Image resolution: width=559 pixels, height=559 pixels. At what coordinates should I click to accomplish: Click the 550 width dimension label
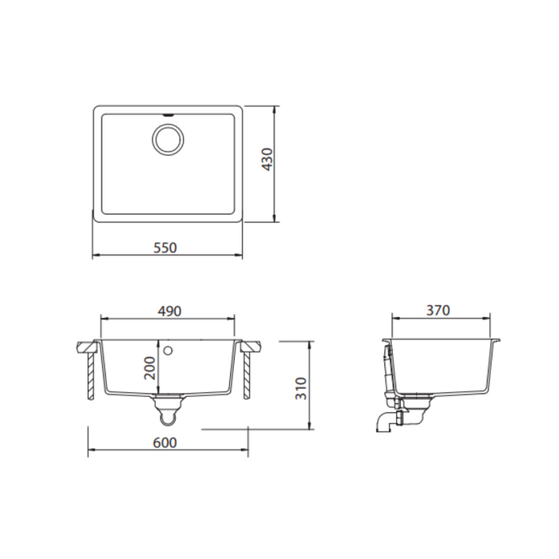165,248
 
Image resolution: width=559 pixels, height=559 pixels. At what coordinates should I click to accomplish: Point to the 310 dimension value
301,388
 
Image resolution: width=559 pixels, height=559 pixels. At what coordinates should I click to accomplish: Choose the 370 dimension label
439,310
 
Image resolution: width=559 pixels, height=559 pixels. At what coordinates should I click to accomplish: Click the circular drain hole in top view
168,141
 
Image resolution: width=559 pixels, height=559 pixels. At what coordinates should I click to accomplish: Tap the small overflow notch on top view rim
168,115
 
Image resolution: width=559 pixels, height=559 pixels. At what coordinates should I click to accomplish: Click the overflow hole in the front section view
168,351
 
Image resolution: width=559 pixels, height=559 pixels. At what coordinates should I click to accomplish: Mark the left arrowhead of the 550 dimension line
96,256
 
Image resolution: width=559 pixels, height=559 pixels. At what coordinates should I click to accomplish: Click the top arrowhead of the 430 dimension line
276,108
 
